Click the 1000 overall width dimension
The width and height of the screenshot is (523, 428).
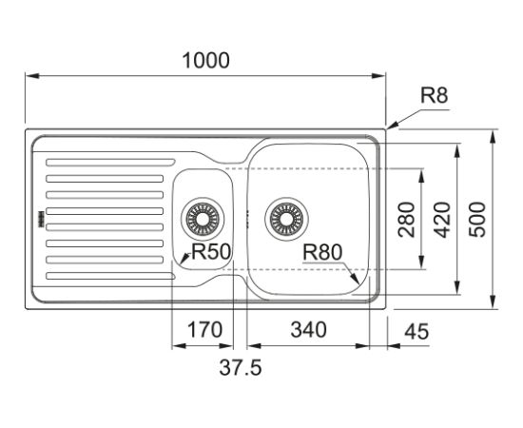[x=205, y=60]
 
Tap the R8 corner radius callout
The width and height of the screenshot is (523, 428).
[x=434, y=95]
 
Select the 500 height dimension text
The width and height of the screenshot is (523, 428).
[x=477, y=220]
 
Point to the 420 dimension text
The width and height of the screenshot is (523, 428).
[x=443, y=220]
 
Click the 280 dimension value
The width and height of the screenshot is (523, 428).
[x=407, y=220]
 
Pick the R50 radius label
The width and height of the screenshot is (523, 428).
[x=211, y=251]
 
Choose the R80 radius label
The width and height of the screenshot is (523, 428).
[x=322, y=252]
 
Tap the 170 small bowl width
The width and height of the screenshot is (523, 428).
[x=204, y=330]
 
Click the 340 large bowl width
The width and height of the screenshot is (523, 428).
[x=308, y=330]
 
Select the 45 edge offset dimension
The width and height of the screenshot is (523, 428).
[x=416, y=332]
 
